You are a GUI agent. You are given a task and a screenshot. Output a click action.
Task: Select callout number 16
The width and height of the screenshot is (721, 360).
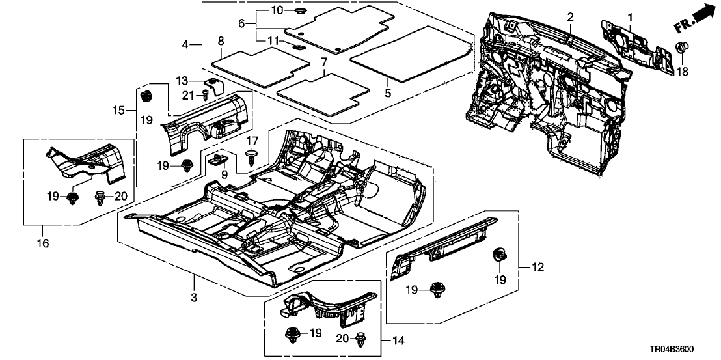[44, 243]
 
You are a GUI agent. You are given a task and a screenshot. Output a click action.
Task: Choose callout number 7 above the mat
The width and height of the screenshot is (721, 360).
[322, 62]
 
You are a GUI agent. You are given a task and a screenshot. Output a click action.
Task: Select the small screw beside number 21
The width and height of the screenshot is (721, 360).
[206, 95]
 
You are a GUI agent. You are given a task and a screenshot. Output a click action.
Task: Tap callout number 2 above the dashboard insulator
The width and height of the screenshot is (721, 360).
[570, 16]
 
